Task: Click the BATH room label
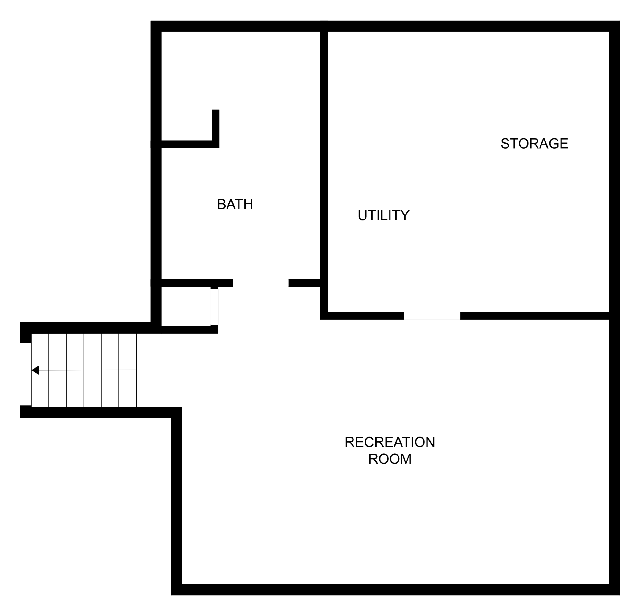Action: click(235, 204)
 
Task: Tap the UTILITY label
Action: click(384, 215)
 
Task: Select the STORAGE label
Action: click(534, 144)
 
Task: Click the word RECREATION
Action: click(390, 442)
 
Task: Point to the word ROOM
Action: click(390, 459)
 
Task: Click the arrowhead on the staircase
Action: click(35, 370)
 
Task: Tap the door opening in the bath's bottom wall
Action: click(261, 283)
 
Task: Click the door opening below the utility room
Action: click(432, 316)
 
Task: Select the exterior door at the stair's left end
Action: click(26, 374)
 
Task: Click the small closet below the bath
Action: click(186, 306)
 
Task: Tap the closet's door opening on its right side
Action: click(214, 307)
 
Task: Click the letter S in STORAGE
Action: click(505, 144)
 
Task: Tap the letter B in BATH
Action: click(222, 204)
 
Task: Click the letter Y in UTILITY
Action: click(405, 215)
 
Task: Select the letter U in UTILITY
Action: click(363, 215)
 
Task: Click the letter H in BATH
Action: click(248, 204)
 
